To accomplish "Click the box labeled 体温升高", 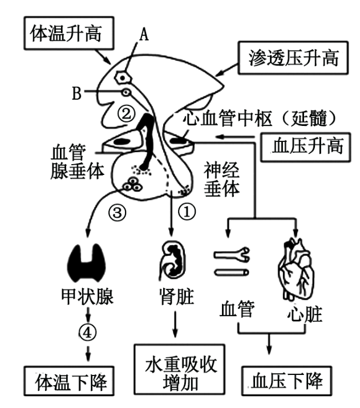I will (65, 33).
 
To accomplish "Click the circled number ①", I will (188, 212).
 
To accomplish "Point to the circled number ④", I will (87, 332).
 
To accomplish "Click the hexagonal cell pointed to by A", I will (121, 75).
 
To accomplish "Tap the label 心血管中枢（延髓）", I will (263, 119).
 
